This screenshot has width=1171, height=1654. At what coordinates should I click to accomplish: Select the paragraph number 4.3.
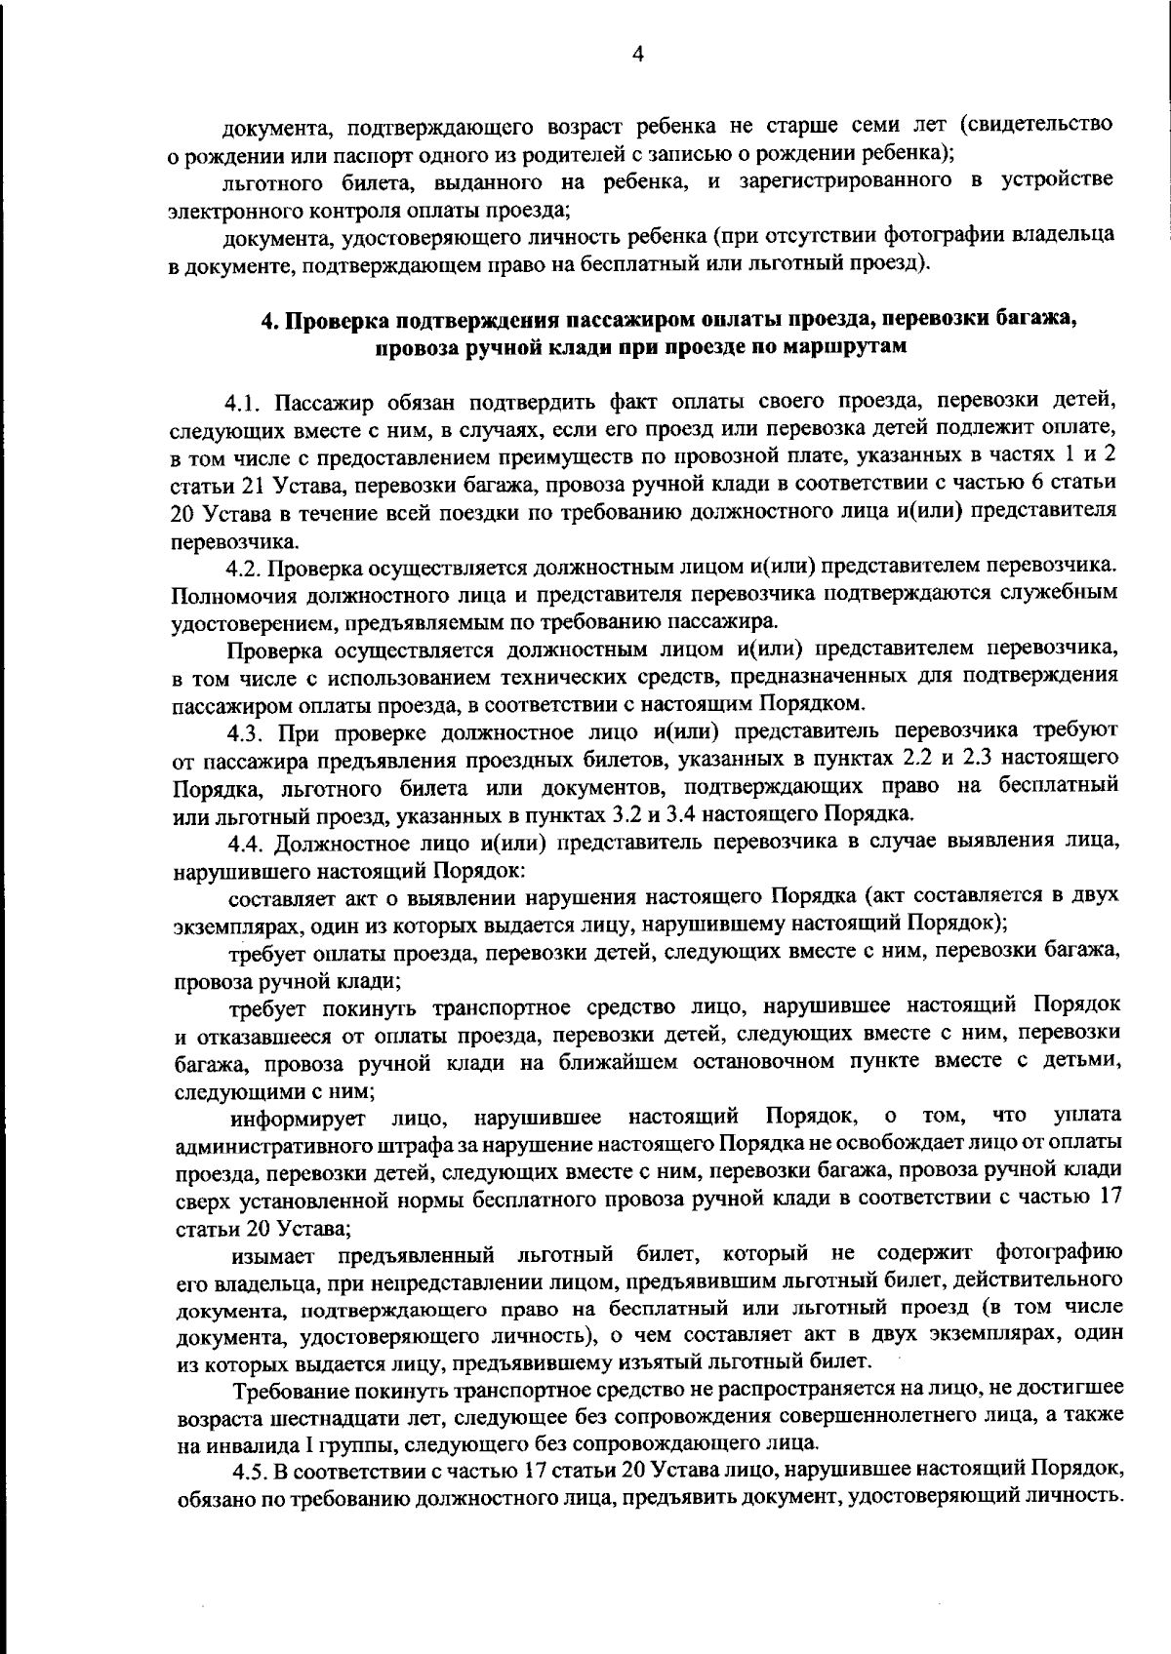pos(246,731)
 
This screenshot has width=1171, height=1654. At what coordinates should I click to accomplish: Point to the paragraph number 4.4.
pos(246,843)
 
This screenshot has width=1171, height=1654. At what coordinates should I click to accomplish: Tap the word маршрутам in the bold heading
pos(847,347)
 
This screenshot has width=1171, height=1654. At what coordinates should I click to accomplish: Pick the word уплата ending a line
pos(1087,1115)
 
